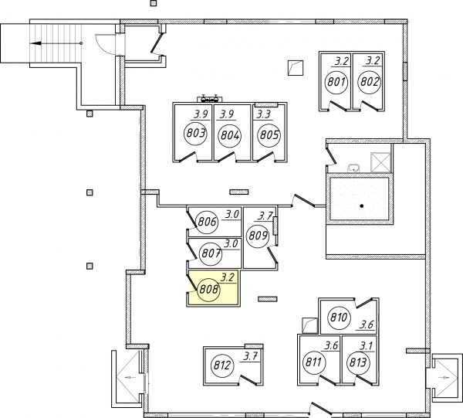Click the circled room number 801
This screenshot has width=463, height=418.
pos(336,82)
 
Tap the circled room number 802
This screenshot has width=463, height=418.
pos(370,82)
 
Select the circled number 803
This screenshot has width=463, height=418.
pos(195,134)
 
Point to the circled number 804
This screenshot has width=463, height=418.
pos(230,136)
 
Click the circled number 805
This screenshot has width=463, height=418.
pos(269,135)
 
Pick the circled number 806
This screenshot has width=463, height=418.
pos(207,222)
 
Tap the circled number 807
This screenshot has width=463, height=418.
pos(211,253)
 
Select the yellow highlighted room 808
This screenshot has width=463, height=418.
pos(213,287)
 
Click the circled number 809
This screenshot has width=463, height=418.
pos(258,236)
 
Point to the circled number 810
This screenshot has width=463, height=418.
pos(339,318)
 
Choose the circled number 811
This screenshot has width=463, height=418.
pos(314,362)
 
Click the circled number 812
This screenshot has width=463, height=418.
pos(222,365)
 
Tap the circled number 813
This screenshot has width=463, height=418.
pos(357,362)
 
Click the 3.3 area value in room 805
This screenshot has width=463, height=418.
pos(263,114)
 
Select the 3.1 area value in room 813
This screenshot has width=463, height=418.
pos(367,346)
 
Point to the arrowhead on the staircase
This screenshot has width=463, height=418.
pos(35,43)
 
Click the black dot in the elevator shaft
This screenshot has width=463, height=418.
pos(361,206)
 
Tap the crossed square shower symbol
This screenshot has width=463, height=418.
pos(381,162)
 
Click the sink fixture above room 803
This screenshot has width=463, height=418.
pos(209,98)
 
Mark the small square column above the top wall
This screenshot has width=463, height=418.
pos(154,3)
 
